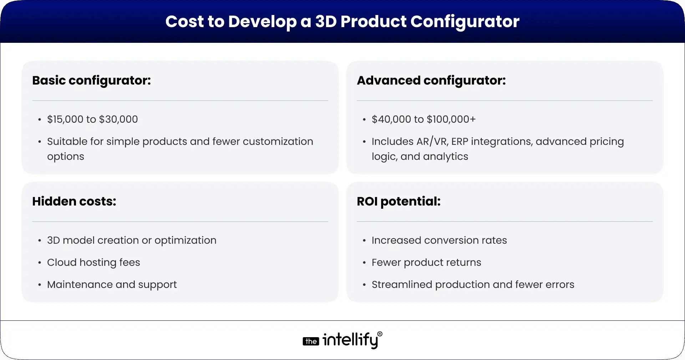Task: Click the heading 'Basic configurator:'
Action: point(91,81)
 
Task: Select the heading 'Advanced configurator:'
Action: point(431,81)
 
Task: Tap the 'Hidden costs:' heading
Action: point(74,202)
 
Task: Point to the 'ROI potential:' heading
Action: point(399,202)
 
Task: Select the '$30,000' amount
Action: point(118,120)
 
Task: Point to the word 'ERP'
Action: point(460,142)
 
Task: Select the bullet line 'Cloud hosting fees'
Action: point(93,263)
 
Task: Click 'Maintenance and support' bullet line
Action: point(112,285)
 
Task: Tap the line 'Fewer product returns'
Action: point(426,263)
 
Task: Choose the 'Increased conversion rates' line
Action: point(439,240)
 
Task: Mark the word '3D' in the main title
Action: point(326,21)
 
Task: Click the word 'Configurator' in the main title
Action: point(465,22)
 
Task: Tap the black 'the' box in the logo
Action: point(311,341)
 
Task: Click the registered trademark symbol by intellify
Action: point(380,334)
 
